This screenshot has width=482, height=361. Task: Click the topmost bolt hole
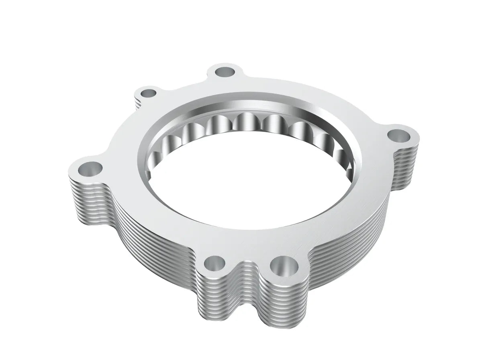(225, 72)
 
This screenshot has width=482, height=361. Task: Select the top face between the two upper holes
(185, 86)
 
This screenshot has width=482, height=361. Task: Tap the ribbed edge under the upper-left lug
(137, 102)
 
